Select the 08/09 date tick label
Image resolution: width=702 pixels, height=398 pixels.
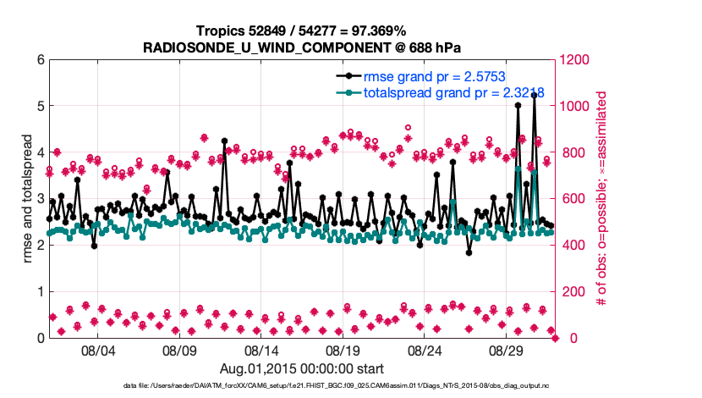[179, 349]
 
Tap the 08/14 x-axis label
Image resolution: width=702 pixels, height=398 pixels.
[261, 349]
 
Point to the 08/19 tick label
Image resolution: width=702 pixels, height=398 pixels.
[343, 349]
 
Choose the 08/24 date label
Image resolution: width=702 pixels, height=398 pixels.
[425, 349]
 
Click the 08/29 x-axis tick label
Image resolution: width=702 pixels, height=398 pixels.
[507, 349]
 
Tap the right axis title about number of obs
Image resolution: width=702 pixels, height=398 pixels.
[602, 199]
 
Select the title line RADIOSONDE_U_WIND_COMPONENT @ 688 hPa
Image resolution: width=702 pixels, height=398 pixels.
[302, 47]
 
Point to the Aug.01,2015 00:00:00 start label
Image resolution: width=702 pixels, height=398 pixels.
[302, 368]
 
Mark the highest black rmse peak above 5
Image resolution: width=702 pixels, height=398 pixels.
[535, 96]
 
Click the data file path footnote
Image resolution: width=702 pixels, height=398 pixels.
[302, 386]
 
